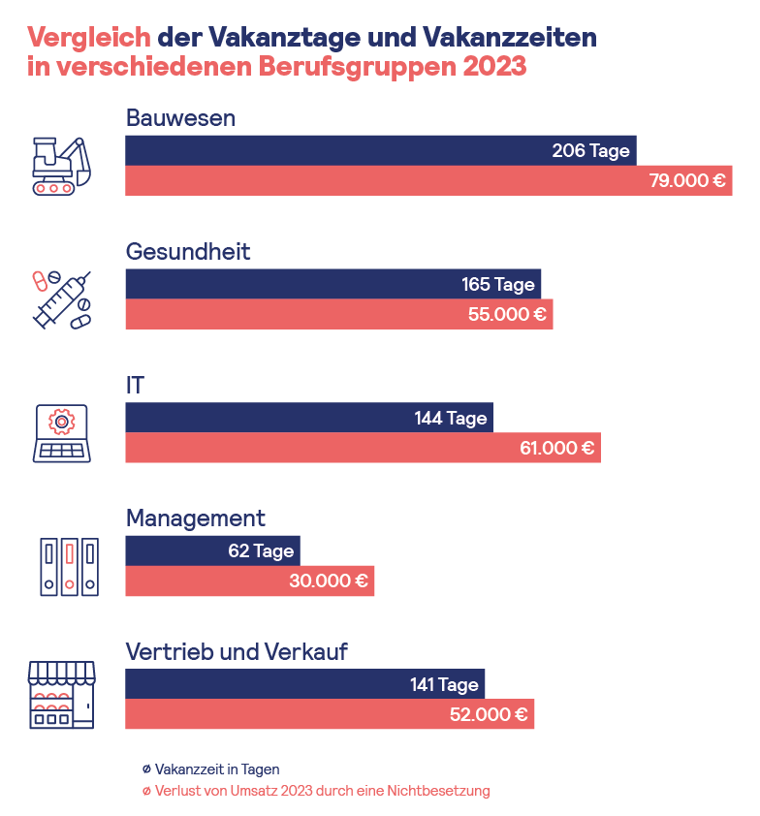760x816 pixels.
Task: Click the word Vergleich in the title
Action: coord(89,37)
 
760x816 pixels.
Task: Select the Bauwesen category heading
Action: coord(181,118)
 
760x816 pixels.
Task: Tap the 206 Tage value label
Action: coord(590,151)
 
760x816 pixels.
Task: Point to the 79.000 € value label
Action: coord(687,181)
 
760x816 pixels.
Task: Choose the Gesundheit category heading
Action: coord(188,252)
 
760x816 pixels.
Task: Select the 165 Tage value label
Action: coord(498,285)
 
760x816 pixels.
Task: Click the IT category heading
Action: coord(135,386)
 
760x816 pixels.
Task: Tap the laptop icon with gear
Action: coord(60,433)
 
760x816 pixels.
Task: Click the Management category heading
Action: coord(195,518)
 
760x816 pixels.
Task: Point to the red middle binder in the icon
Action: coord(70,566)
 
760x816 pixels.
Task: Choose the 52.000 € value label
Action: coord(489,715)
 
